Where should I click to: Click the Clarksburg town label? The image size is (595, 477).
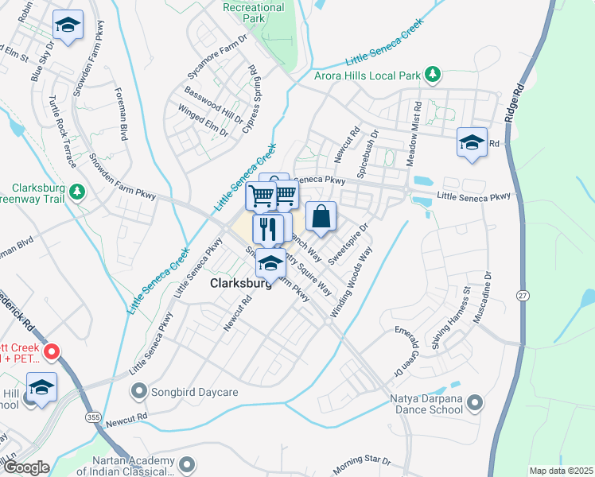click(x=239, y=283)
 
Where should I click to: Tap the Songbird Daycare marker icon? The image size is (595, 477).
click(x=140, y=390)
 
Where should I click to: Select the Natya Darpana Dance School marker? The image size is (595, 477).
click(x=476, y=403)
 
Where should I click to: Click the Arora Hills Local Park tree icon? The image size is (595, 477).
click(x=432, y=76)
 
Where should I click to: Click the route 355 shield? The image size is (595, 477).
click(x=93, y=417)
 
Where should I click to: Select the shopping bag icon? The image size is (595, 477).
click(x=321, y=216)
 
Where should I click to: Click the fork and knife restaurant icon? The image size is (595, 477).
click(x=268, y=229)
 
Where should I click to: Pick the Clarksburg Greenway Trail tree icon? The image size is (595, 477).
click(x=77, y=192)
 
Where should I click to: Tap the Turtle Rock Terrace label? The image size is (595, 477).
click(x=61, y=132)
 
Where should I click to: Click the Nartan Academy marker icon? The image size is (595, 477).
click(x=188, y=463)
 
